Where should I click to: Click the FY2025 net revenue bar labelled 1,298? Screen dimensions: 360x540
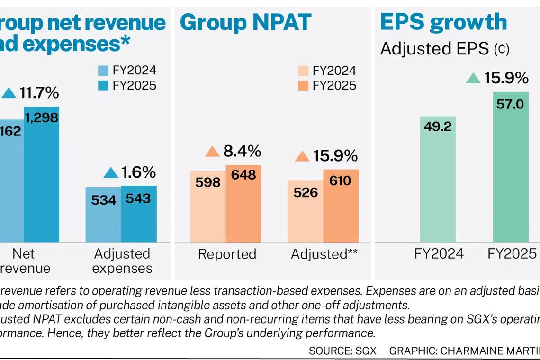point(42,175)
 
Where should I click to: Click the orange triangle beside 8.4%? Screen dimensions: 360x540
point(212,152)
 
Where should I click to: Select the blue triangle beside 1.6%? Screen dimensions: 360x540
point(110,172)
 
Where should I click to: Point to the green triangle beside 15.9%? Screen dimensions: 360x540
point(473,78)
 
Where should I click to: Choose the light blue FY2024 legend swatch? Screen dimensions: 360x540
point(103,71)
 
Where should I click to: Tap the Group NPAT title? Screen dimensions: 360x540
point(245,22)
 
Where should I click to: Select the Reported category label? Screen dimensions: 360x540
point(227,254)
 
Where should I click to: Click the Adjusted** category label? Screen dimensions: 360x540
point(324,254)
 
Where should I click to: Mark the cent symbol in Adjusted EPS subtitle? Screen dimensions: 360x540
point(501,49)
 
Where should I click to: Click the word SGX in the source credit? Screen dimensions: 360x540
point(368,351)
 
